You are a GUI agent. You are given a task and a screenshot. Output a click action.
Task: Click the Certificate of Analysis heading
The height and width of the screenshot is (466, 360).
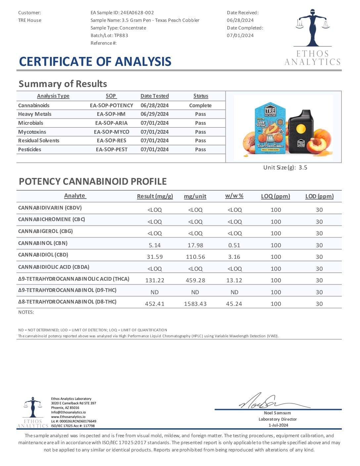click(95, 62)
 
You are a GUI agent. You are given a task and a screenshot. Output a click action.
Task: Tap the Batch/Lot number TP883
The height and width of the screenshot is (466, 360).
click(121, 35)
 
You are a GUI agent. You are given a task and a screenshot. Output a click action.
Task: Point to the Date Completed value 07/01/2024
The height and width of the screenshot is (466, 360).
click(240, 35)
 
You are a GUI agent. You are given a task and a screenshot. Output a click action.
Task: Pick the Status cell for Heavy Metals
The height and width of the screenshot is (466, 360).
click(201, 114)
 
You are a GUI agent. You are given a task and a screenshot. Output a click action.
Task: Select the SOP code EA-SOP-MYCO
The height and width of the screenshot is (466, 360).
click(112, 132)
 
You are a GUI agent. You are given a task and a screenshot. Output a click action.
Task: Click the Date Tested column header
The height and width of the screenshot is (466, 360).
click(155, 96)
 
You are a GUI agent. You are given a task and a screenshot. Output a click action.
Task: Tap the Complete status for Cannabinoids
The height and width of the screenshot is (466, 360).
click(200, 105)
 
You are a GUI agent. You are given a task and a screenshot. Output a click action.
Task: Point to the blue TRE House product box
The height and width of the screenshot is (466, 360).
click(270, 129)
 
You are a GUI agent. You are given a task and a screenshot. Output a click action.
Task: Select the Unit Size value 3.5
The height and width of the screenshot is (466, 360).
click(303, 167)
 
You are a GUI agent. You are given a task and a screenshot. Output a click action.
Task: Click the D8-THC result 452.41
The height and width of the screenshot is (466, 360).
click(155, 304)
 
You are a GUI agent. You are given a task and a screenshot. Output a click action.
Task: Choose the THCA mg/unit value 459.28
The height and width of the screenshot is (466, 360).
click(195, 280)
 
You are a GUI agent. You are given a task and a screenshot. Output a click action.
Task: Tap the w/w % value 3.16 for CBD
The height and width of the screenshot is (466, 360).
click(234, 257)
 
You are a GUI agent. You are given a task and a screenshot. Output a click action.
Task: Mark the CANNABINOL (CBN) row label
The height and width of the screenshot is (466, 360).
click(43, 243)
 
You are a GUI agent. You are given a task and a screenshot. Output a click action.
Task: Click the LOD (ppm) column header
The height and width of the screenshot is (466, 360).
click(319, 196)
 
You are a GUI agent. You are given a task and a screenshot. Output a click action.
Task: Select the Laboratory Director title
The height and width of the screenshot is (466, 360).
click(278, 419)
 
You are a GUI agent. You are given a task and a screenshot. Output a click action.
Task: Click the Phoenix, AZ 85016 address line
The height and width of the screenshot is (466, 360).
click(65, 408)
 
